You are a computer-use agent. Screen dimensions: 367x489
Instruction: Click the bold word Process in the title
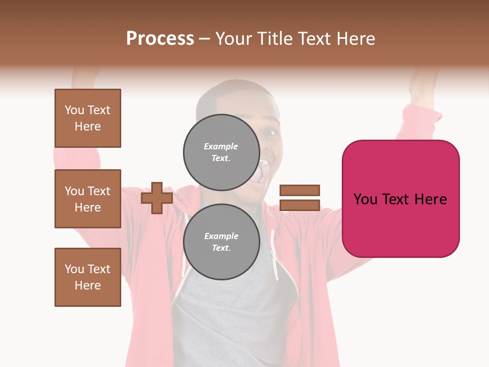tap(160, 38)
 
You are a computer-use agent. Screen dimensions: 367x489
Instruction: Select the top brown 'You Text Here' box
tap(88, 118)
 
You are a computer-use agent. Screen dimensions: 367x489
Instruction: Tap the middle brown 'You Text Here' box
tap(88, 199)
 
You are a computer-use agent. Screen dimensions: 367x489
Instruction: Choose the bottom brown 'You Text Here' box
tap(88, 277)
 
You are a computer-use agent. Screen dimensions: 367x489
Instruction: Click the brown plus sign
tap(157, 198)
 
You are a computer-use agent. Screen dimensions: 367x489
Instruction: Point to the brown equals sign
tap(300, 198)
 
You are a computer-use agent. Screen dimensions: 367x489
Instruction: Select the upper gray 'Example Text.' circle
tap(221, 152)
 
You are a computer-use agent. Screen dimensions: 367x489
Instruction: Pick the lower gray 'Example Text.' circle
tap(221, 242)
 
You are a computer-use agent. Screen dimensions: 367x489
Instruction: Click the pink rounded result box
tap(400, 198)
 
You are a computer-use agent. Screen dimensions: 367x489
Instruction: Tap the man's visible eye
tap(271, 133)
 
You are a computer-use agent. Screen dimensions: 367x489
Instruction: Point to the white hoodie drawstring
tap(275, 255)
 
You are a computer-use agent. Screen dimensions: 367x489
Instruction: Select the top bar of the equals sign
tap(300, 190)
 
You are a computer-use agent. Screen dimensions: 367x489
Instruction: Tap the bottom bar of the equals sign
tap(300, 205)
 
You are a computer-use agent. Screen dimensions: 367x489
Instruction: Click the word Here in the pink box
tap(431, 199)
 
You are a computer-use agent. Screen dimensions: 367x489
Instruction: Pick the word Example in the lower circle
tap(221, 236)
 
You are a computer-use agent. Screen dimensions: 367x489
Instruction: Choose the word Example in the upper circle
tap(221, 146)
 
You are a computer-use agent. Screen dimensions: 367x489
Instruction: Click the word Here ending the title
tap(357, 39)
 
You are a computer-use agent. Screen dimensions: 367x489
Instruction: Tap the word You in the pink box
tap(365, 199)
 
